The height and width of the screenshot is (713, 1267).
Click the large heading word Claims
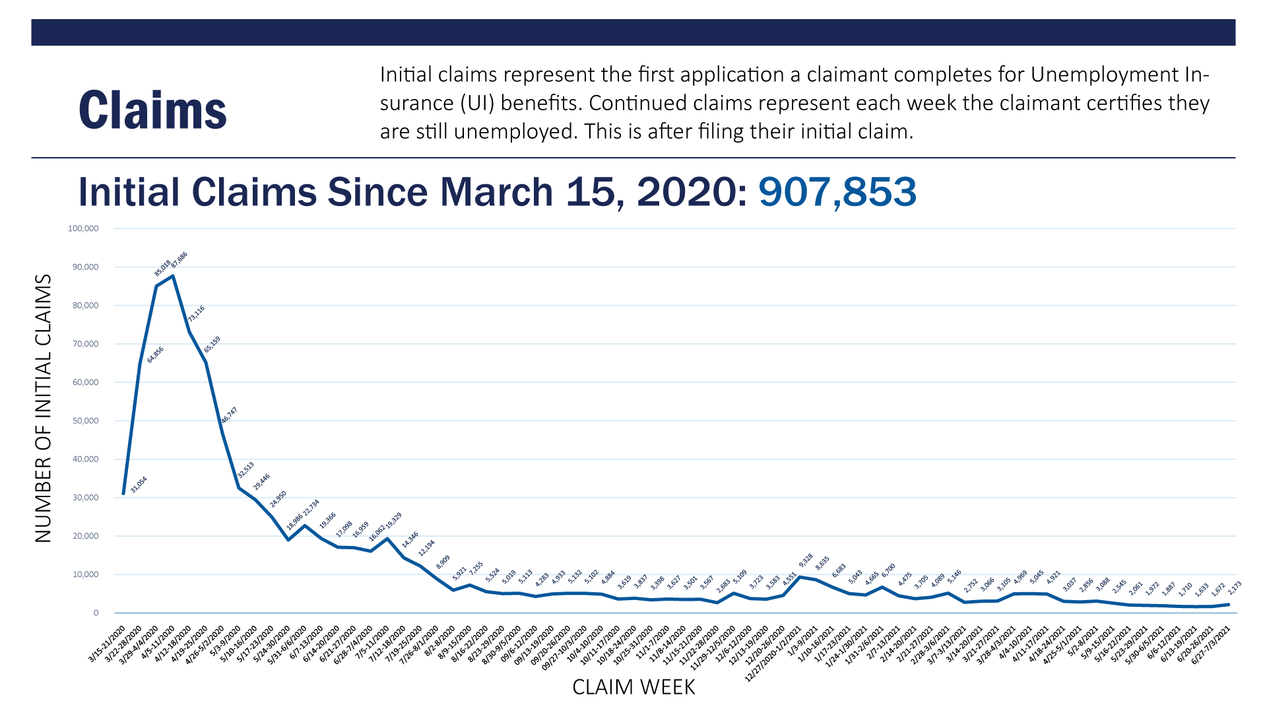click(x=152, y=110)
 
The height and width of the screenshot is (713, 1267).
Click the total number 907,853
click(x=837, y=192)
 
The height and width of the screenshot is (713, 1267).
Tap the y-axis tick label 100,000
click(x=83, y=228)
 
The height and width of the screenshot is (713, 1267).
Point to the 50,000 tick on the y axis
click(x=85, y=421)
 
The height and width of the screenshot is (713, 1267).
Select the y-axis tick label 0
click(x=96, y=613)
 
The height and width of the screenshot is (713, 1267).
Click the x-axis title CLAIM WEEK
click(x=633, y=687)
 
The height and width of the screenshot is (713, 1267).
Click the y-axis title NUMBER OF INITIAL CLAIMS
click(x=43, y=409)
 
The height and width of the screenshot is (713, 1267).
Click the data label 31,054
click(x=139, y=485)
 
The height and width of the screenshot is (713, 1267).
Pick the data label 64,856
click(x=155, y=355)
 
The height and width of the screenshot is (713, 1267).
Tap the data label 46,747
click(x=229, y=415)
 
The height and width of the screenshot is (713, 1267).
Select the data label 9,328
click(x=806, y=560)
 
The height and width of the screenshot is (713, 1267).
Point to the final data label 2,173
click(x=1234, y=588)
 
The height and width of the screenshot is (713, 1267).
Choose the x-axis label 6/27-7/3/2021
click(x=1212, y=646)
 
